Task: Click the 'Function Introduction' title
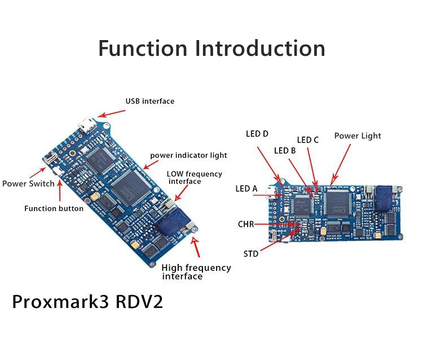click(211, 48)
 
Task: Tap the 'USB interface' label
click(149, 102)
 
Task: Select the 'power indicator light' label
click(188, 155)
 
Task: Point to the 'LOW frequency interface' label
click(194, 178)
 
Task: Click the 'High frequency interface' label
click(195, 272)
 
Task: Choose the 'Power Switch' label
click(28, 183)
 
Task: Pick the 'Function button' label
click(54, 209)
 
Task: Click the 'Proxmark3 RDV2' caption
click(87, 301)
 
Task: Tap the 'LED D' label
click(257, 134)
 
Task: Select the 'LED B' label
click(285, 151)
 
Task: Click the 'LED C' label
click(308, 140)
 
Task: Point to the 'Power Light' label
click(358, 136)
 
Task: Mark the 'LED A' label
click(246, 188)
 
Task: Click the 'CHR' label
click(246, 225)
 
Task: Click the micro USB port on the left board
click(87, 124)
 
